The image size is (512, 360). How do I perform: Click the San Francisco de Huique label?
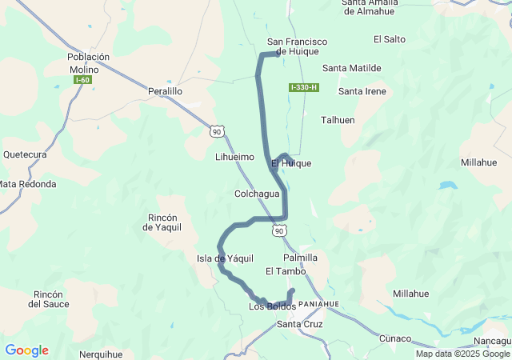(298, 46)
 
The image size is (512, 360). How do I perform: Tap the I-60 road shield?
(82, 80)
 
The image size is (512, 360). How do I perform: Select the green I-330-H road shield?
(304, 87)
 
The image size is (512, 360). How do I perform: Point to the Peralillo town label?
(166, 92)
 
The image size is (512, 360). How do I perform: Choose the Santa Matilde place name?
(352, 68)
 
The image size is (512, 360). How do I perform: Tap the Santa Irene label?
(362, 91)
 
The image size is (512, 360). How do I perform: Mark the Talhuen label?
(338, 119)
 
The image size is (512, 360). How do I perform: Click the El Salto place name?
(390, 39)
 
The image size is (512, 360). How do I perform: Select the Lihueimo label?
(234, 158)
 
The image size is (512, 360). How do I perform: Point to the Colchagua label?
(257, 194)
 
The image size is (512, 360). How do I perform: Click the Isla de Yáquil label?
(225, 258)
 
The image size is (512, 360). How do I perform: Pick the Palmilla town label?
(301, 258)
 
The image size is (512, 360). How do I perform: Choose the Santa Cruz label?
(299, 324)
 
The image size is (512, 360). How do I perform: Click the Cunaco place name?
(394, 338)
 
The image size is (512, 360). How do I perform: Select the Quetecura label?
(26, 154)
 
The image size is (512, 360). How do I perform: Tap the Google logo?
(26, 350)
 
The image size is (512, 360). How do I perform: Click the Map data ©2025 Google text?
(462, 354)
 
